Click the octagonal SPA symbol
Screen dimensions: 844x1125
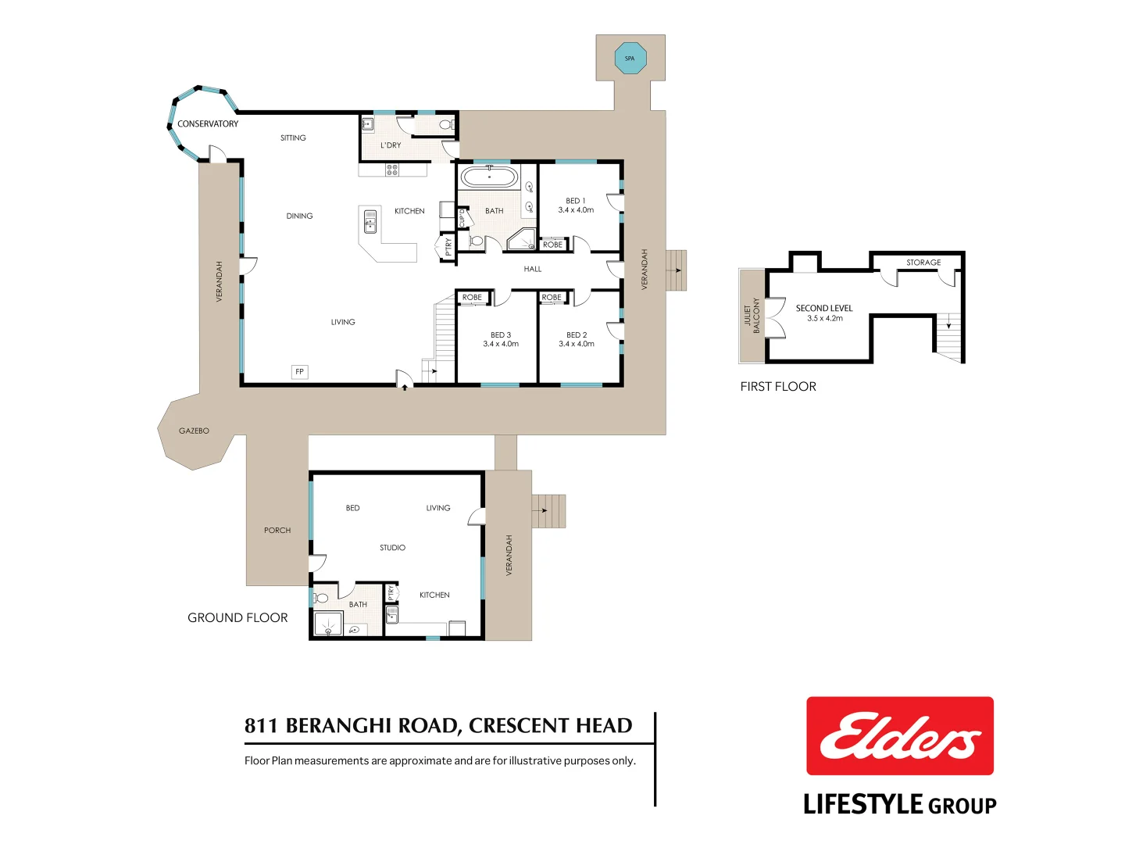pos(630,59)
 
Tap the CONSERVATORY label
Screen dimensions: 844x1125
pos(208,123)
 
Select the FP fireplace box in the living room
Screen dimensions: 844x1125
pos(299,372)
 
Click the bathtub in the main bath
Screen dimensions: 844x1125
pos(489,177)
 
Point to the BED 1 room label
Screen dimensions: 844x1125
pos(576,201)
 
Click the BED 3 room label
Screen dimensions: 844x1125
pos(500,335)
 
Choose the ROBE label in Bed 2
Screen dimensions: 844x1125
pos(552,298)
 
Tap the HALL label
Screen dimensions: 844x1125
pos(533,269)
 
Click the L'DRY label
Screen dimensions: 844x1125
pos(391,145)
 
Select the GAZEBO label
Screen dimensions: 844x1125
pos(194,431)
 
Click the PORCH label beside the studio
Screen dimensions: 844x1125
pos(277,531)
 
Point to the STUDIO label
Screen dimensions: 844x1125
pos(392,548)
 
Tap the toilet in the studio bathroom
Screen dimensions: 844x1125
pos(320,599)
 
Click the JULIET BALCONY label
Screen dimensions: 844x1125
pos(752,316)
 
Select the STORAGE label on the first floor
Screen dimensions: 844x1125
pos(923,263)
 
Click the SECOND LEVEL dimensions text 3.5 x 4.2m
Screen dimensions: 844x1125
pos(824,319)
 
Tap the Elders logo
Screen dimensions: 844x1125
pos(899,736)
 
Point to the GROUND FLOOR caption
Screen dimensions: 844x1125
pos(237,618)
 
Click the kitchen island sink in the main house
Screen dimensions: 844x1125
pos(370,221)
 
